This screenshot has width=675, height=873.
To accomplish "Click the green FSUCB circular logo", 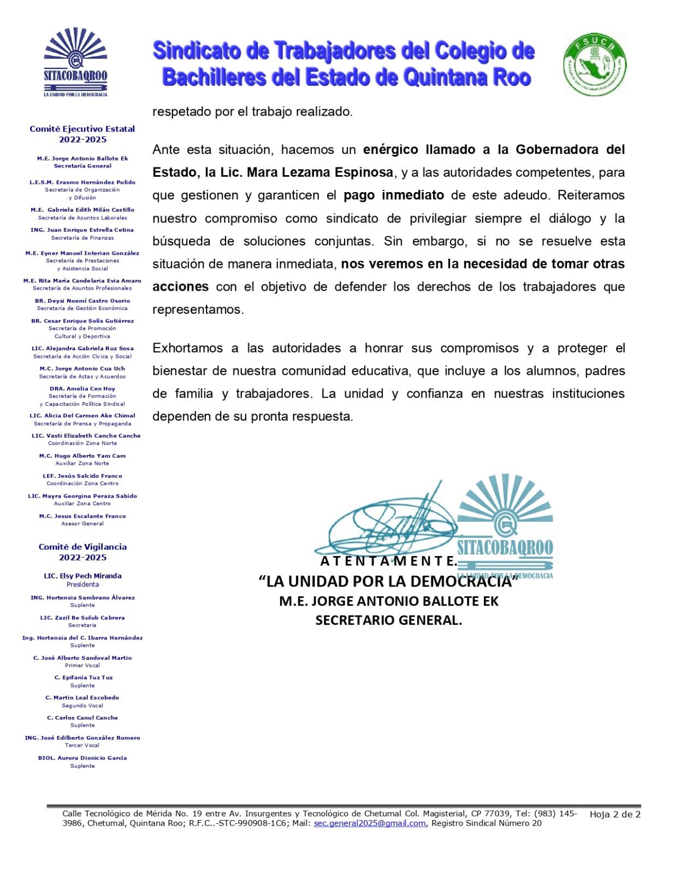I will [594, 64].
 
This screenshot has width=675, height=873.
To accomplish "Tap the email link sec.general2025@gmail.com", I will [369, 823].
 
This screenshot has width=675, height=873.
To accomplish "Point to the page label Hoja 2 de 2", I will [615, 815].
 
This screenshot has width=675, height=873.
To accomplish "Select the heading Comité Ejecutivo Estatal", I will [82, 129].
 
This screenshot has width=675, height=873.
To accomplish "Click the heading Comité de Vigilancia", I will [82, 547].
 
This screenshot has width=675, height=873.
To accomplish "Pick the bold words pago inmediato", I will [393, 195].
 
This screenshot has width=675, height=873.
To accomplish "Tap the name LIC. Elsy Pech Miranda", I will [82, 576].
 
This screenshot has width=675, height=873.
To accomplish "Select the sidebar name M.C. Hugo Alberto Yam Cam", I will [82, 456].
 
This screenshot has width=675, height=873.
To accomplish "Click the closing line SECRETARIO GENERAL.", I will [388, 620].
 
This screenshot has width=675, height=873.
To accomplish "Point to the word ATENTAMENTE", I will [388, 561].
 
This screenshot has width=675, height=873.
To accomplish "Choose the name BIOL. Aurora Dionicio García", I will [82, 758].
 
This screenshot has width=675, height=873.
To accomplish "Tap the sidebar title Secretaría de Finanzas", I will [82, 238].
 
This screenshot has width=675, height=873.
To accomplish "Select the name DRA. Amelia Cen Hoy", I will [82, 388].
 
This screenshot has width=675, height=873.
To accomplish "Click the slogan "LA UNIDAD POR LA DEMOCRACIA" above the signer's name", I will [388, 581].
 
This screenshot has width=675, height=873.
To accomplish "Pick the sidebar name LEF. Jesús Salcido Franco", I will [82, 476].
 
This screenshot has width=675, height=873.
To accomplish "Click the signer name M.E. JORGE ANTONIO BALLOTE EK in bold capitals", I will [388, 601].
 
